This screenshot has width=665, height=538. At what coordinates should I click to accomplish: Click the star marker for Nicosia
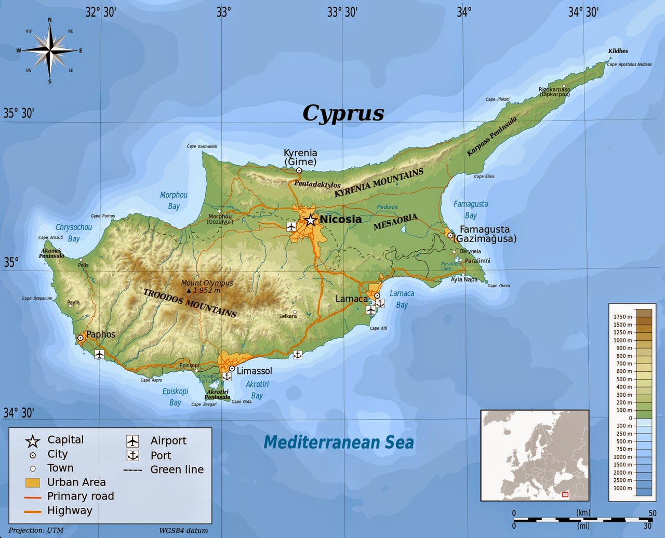311,220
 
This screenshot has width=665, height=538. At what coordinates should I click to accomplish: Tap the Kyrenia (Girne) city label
300,157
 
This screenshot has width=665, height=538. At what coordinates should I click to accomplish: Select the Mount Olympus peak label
207,286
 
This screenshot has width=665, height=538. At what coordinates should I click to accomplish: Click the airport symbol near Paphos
99,354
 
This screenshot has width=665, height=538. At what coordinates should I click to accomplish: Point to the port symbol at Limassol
227,376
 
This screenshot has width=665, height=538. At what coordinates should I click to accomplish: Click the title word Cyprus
343,113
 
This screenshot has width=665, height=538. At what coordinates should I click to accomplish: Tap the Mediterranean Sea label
339,442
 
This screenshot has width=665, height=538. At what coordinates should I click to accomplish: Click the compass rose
50,50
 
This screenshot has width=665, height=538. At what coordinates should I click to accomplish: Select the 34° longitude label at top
464,11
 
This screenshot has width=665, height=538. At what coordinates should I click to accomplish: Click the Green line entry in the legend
177,470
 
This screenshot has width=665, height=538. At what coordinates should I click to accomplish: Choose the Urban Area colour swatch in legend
33,482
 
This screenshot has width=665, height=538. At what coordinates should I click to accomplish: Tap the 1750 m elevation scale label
622,317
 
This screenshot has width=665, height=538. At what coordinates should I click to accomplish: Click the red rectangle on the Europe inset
565,494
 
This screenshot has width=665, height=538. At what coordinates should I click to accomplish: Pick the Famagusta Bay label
471,209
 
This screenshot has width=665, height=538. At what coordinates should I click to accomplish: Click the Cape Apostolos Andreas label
629,64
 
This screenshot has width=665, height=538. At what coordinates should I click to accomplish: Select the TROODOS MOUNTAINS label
190,303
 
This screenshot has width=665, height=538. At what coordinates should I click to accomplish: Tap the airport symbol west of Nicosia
291,226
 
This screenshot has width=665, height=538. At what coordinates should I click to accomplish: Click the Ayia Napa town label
464,279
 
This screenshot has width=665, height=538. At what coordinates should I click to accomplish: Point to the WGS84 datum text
183,530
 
